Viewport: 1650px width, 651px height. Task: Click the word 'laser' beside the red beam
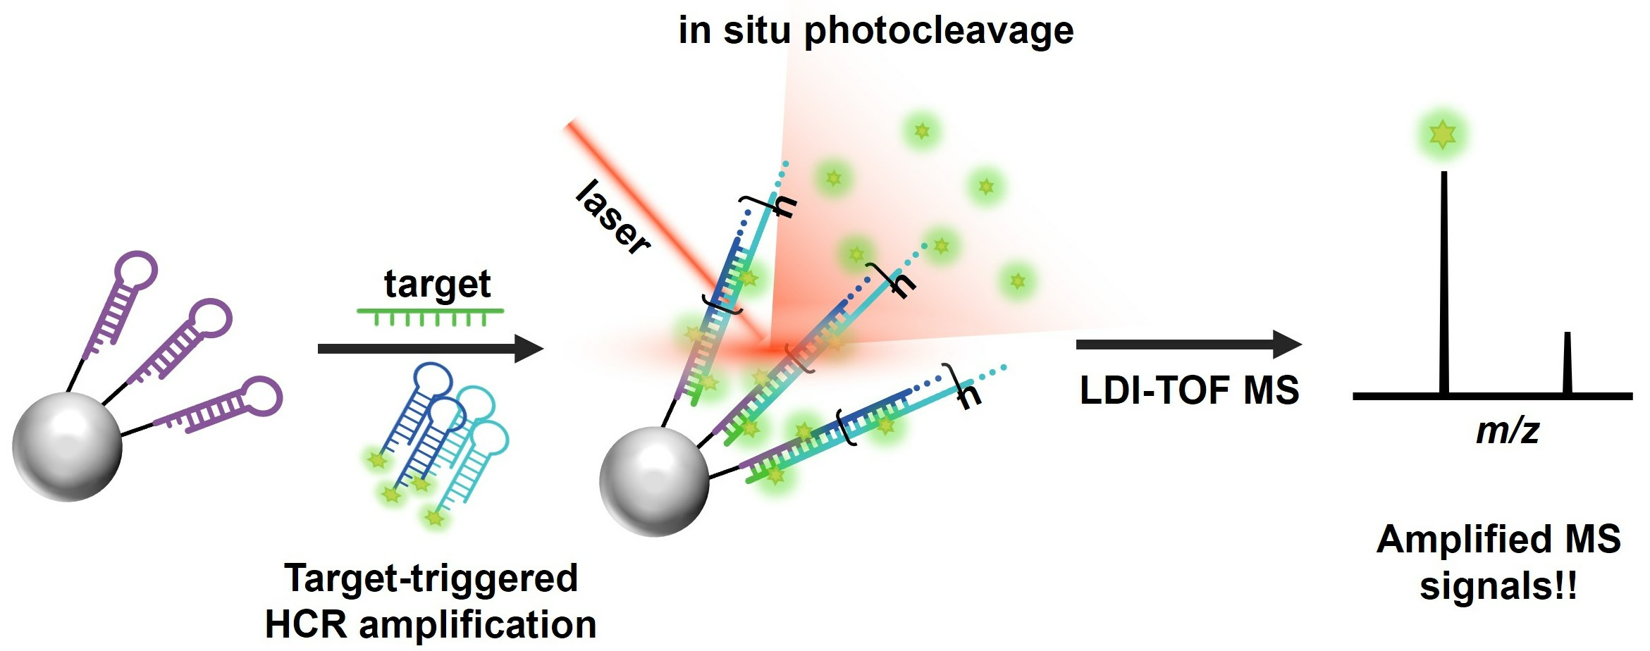pos(612,216)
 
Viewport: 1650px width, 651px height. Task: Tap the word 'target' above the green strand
pos(437,285)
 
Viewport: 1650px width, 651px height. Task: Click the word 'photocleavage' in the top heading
pos(938,31)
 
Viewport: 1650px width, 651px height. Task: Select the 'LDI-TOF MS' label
pos(1189,390)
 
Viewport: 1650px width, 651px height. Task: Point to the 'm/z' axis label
pos(1508,430)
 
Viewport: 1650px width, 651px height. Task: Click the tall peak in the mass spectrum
pos(1444,282)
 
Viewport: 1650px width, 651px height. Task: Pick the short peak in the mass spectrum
pos(1567,363)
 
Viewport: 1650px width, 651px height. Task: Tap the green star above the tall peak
pos(1443,133)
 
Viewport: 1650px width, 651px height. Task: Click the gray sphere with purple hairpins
pos(68,447)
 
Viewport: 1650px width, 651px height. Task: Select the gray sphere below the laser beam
pos(654,481)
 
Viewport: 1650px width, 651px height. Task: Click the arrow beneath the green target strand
pos(430,348)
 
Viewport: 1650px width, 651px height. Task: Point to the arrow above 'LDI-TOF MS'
pos(1188,344)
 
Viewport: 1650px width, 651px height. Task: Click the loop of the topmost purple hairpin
pos(136,270)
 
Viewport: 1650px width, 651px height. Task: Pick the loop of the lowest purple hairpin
pos(261,396)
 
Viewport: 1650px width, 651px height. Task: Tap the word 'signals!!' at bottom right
pos(1498,586)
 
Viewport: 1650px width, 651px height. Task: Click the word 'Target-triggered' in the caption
pos(431,578)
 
